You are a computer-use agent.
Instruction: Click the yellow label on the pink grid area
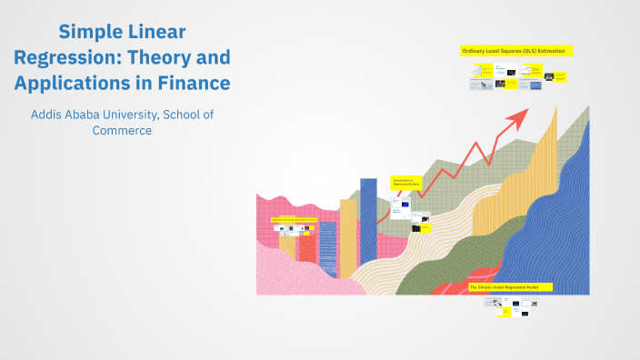[294, 220]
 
